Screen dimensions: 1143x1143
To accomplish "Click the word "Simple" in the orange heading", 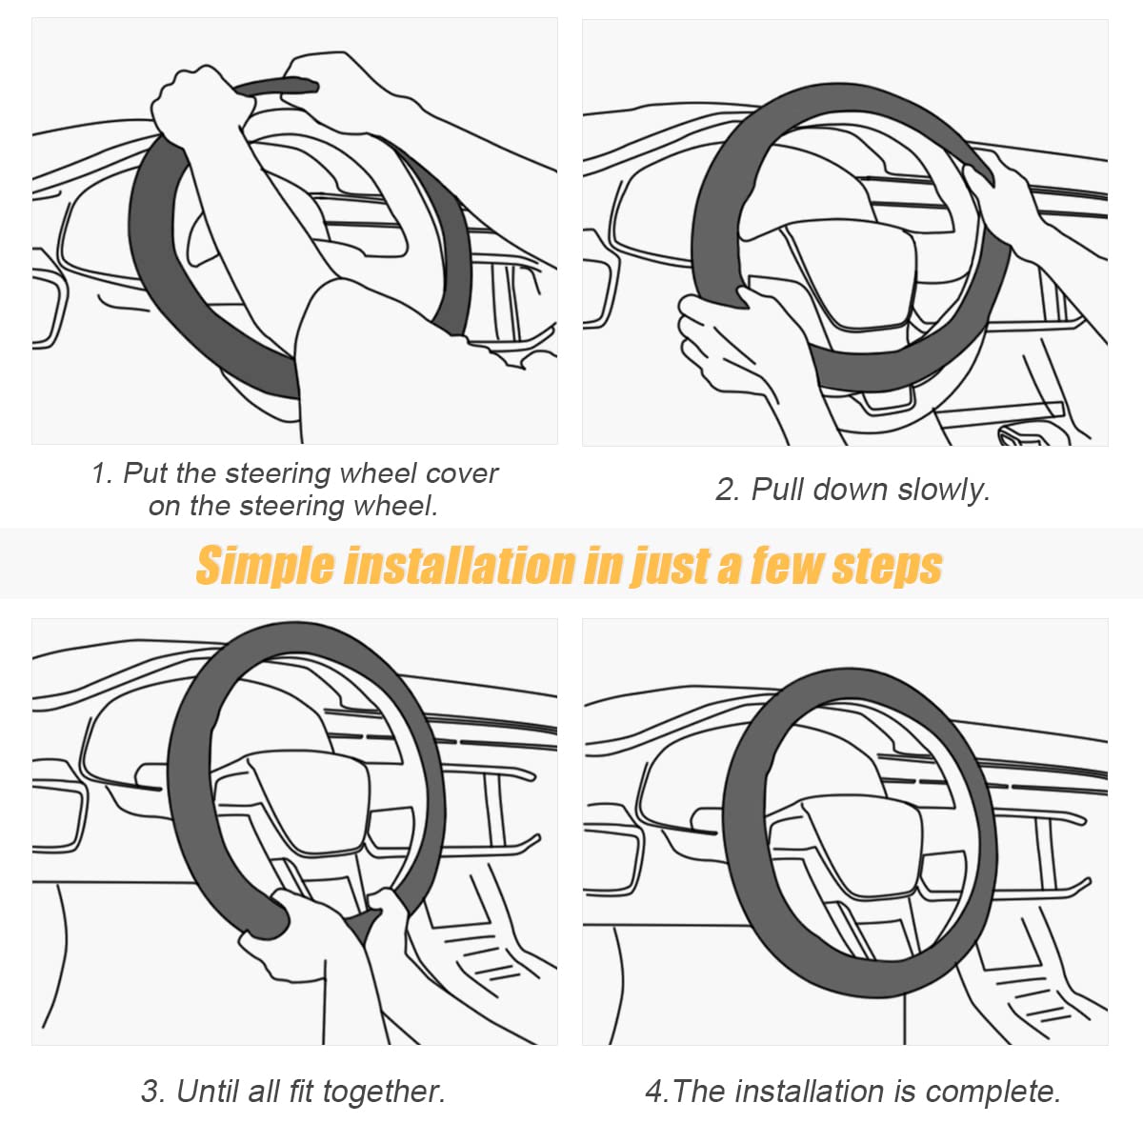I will tap(266, 566).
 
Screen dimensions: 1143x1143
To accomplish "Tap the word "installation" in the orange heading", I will tap(460, 565).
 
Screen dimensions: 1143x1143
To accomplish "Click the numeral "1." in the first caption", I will tap(103, 473).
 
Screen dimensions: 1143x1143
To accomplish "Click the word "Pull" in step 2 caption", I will tap(777, 490).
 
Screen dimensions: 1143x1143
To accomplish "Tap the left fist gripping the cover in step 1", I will tap(195, 100).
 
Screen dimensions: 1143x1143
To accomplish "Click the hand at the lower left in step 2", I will tap(724, 338).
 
